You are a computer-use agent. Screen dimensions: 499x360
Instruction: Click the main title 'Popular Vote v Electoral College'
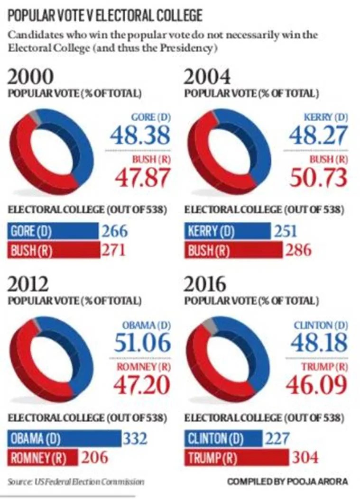point(105,16)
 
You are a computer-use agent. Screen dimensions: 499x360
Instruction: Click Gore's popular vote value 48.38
point(140,136)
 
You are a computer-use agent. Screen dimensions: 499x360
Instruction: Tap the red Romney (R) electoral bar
point(43,458)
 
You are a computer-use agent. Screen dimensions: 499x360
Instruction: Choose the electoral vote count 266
point(114,231)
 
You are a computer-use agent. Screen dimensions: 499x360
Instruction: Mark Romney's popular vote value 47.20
point(142,385)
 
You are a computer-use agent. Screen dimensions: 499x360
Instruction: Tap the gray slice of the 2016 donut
point(207,324)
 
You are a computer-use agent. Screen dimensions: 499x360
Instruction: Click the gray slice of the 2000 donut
point(32,117)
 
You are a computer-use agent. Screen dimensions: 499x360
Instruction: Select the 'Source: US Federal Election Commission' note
point(75,482)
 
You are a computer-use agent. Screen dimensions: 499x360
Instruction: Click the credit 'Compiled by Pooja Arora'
point(287,482)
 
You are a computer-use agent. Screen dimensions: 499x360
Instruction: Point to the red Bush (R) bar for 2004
point(232,250)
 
